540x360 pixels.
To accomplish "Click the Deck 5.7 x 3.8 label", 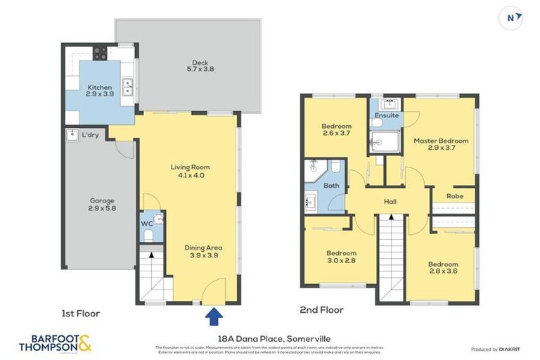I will coord(200,65).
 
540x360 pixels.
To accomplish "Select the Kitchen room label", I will coord(101,90).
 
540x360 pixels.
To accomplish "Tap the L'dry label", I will coord(90,134).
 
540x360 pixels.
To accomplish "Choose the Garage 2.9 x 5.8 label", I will coord(101,205).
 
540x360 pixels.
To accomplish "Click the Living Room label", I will coord(190,171).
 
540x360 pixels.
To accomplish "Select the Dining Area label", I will coord(203,252).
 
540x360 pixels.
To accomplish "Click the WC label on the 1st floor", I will coord(147,224).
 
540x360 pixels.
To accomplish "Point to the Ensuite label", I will coord(386,115).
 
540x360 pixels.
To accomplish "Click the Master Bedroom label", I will coord(441,144).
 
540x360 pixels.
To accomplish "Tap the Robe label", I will coord(455,196).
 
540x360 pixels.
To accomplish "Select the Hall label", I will coord(390,202).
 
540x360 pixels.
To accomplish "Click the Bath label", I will coord(331,186).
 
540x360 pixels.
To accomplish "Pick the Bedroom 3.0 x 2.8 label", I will coord(341,257).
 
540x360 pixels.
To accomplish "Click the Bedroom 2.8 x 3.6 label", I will coord(443,268).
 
